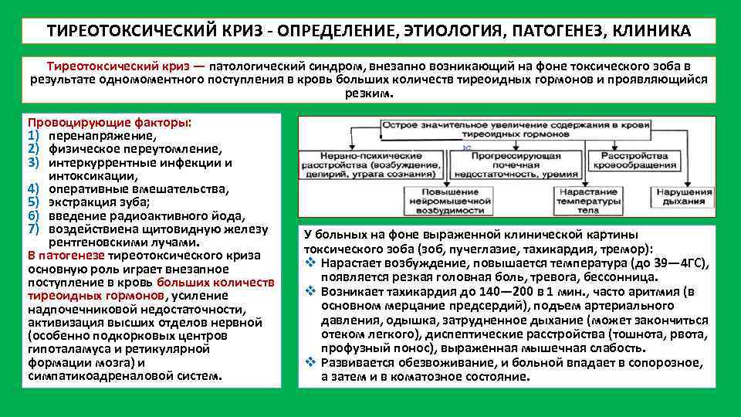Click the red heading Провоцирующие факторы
108,123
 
